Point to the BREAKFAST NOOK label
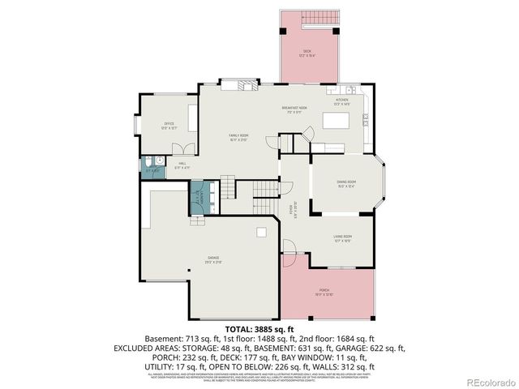click(294, 109)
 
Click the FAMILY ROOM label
click(238, 137)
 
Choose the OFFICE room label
click(169, 126)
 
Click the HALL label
click(182, 166)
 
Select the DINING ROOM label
click(346, 183)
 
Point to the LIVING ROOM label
click(341, 237)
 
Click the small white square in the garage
click(261, 233)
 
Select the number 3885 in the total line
click(267, 328)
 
